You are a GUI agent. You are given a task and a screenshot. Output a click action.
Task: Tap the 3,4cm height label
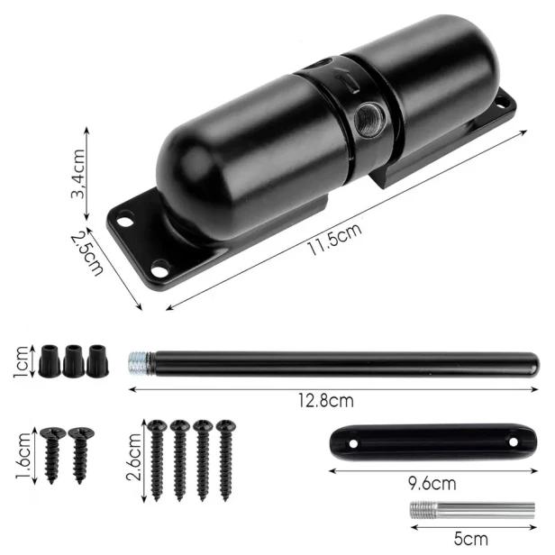pyautogui.click(x=77, y=173)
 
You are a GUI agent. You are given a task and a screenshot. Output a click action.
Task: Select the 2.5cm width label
pyautogui.click(x=87, y=253)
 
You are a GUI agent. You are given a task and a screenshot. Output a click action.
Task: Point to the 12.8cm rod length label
pyautogui.click(x=325, y=401)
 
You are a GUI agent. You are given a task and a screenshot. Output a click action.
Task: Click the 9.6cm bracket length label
pyautogui.click(x=432, y=483)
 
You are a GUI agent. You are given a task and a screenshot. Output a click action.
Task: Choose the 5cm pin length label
pyautogui.click(x=470, y=539)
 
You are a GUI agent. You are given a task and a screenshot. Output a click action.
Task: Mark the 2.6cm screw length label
pyautogui.click(x=133, y=457)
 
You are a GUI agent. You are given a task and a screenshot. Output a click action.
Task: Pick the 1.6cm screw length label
pyautogui.click(x=23, y=456)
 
